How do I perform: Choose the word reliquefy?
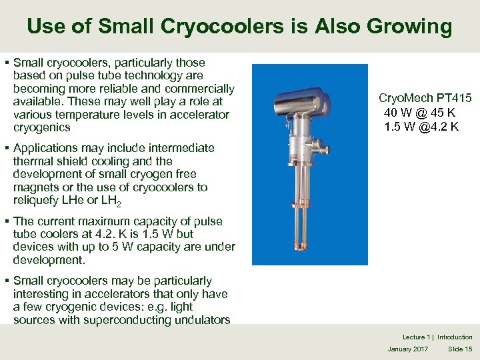tap(39, 201)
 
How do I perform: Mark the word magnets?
tap(37, 187)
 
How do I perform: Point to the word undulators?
tap(199, 320)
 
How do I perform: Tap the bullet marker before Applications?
tap(6, 148)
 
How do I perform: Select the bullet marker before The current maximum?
tap(6, 221)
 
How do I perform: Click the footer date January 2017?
tap(409, 349)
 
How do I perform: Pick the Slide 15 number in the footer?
tap(460, 349)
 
